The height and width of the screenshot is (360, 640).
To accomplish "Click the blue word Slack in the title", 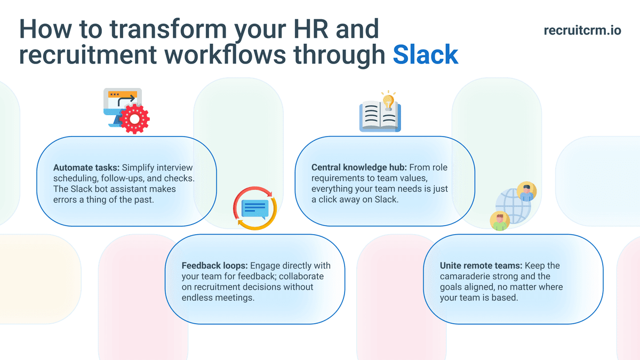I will [x=425, y=55].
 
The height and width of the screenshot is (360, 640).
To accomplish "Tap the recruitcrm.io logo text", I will [x=582, y=31].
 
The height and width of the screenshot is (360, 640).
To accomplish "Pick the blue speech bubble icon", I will [x=255, y=207].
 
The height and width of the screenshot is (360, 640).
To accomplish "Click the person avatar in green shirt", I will [x=500, y=220].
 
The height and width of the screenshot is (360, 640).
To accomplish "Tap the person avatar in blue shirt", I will [x=527, y=191].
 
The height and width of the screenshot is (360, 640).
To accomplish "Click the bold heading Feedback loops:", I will [x=215, y=266].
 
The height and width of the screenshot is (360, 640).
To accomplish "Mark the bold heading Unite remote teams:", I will [x=482, y=266].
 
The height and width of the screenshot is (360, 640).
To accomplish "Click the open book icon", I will [x=379, y=117].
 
